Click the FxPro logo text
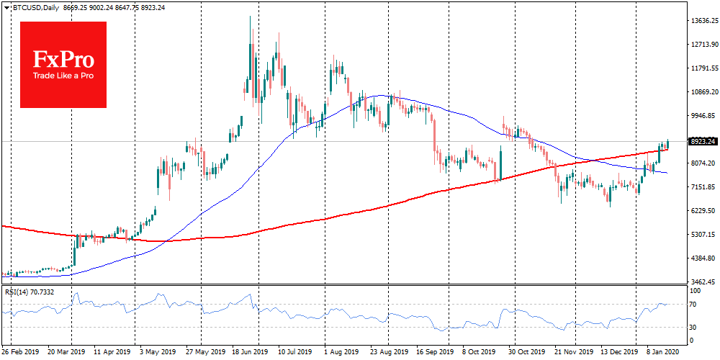[63, 57]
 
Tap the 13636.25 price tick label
[703, 21]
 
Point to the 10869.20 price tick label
[703, 92]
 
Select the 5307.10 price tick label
[702, 235]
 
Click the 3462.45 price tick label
[702, 282]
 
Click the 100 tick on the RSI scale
[696, 292]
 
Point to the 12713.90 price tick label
[703, 45]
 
